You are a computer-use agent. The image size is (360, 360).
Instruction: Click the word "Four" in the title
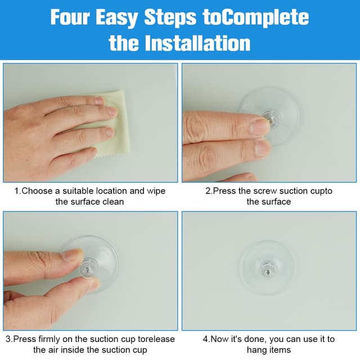[x=70, y=17]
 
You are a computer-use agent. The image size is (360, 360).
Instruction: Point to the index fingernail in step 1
[x=100, y=100]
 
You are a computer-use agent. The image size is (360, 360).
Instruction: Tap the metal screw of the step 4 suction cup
[x=268, y=272]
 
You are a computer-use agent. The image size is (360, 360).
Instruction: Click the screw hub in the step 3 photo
[x=89, y=268]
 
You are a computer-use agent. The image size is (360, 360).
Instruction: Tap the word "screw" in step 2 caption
[x=263, y=191]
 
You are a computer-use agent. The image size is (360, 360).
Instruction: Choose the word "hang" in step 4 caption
[x=256, y=350]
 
